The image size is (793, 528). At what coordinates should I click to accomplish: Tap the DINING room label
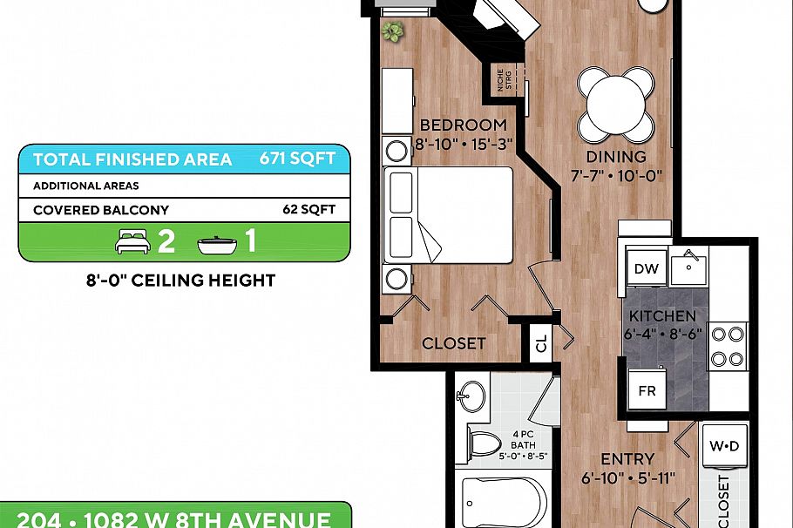tap(616, 157)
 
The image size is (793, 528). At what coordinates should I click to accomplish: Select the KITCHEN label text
tap(662, 316)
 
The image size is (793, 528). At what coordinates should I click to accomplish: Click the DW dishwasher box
tap(647, 268)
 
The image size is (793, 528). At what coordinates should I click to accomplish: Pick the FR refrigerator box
tap(647, 391)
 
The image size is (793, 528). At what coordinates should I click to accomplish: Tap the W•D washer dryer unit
tap(724, 447)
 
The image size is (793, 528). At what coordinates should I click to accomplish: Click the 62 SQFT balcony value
tap(308, 210)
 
